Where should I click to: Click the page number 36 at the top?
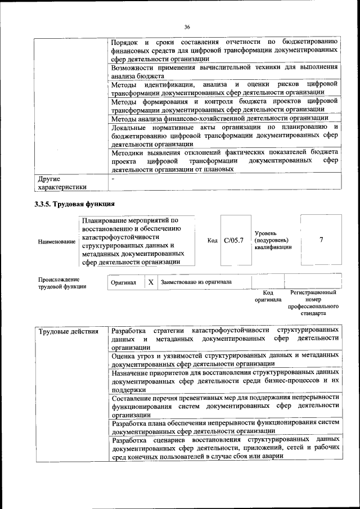coord(187,26)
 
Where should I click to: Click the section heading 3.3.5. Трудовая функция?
coord(75,204)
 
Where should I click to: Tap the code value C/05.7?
coord(233,241)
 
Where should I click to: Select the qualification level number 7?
coord(321,240)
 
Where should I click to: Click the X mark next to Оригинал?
coord(151,282)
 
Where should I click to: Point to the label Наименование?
coord(56,241)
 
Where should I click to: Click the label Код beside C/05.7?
coord(212,241)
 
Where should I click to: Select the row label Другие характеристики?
coord(62,183)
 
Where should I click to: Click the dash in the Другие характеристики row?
coord(113,179)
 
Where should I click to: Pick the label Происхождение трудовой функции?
coord(58,282)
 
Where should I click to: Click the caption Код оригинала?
coord(268,296)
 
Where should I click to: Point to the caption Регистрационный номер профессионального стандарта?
coord(313,304)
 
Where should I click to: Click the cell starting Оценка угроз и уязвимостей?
coord(225,359)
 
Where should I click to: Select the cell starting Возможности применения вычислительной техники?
coord(225,71)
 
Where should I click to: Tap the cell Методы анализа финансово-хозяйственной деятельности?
coord(220,118)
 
